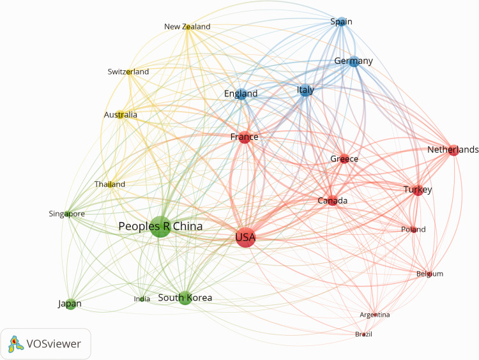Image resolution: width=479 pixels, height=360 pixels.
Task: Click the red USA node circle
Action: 245,238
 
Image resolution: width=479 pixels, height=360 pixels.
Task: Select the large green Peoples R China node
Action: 160,226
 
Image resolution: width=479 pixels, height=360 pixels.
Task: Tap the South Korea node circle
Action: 185,297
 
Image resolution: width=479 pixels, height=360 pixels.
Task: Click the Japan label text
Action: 70,304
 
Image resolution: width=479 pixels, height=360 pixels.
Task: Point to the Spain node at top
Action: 341,22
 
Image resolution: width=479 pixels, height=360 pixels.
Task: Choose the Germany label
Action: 354,61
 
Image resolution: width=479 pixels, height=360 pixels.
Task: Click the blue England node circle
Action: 241,94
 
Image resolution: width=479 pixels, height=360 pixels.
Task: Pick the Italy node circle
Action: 306,91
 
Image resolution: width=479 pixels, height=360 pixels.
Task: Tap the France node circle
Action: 245,137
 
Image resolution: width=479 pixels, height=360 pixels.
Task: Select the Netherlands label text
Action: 453,150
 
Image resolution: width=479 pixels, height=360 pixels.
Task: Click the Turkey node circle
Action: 418,190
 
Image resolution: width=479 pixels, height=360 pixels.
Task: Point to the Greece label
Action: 344,159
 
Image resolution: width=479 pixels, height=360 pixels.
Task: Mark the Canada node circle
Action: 332,201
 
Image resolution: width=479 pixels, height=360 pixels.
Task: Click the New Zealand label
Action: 187,27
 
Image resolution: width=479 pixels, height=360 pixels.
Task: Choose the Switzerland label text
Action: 128,72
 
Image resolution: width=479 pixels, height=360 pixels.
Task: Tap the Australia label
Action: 121,115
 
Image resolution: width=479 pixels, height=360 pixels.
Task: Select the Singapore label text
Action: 67,214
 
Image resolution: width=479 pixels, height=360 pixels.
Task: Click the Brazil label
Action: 363,334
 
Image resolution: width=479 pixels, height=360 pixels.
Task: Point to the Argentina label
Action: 374,315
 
